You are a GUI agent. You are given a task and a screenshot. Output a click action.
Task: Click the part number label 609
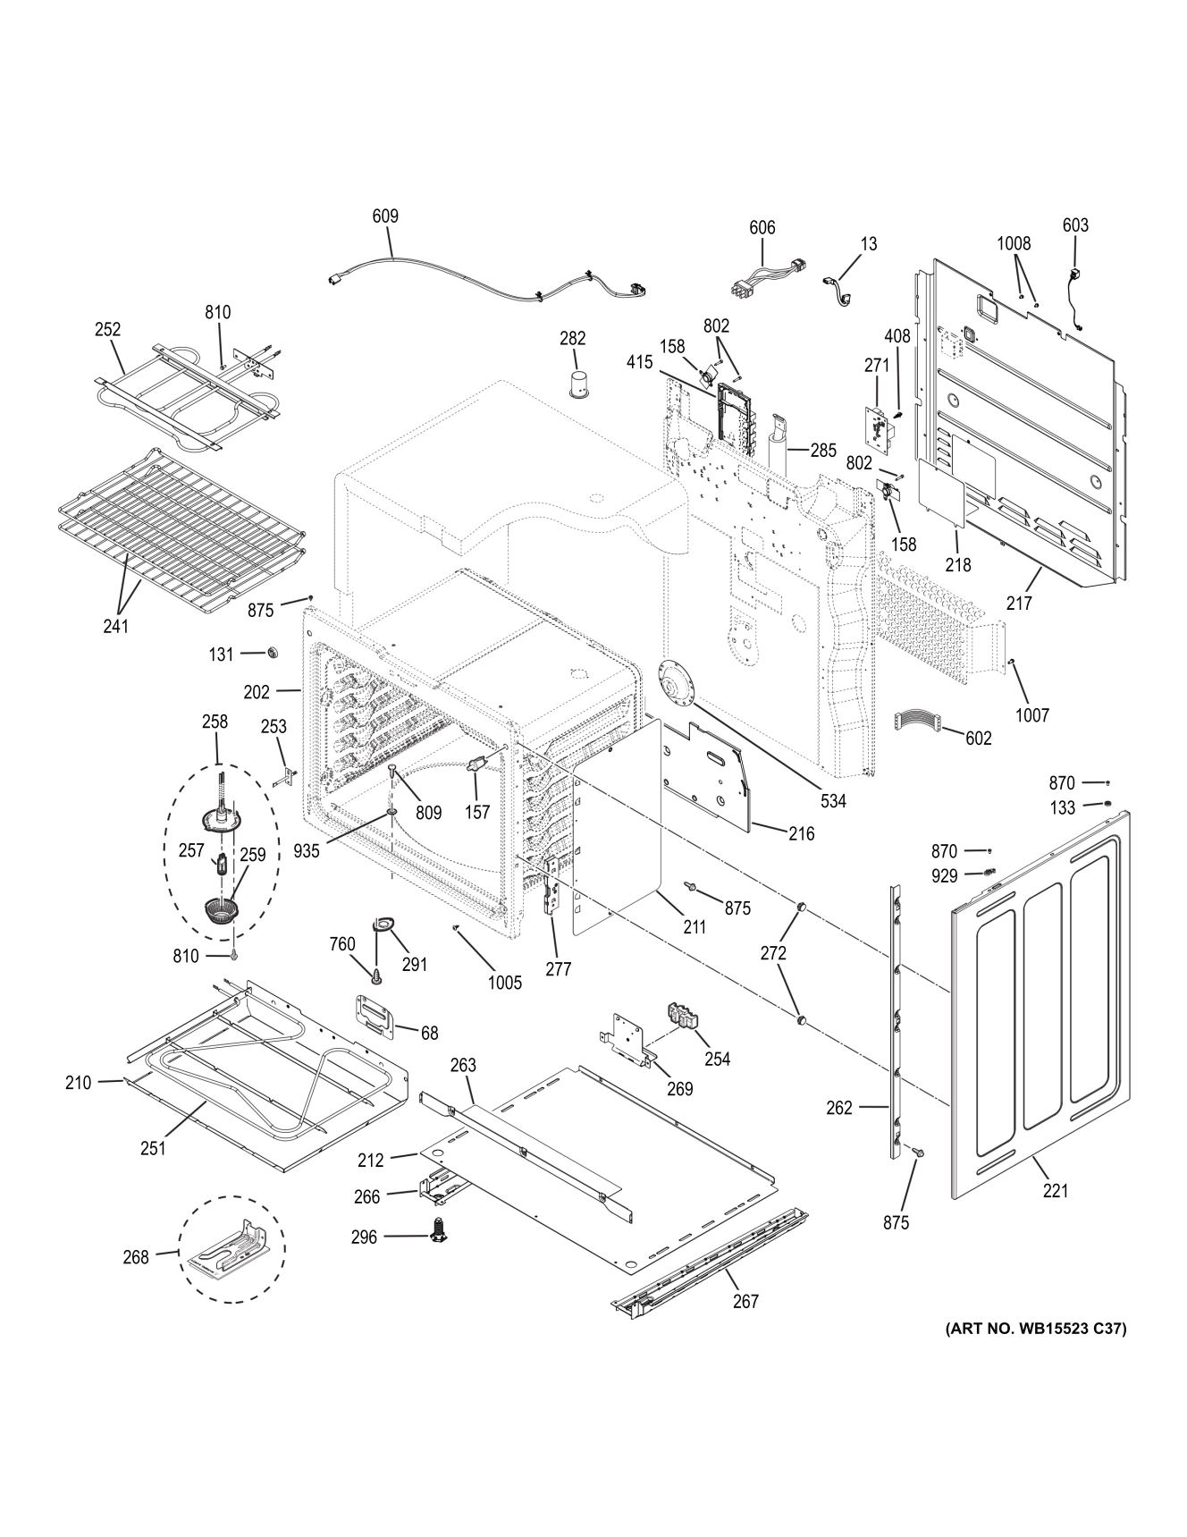[x=385, y=215]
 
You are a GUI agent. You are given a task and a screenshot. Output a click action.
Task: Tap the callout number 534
[x=833, y=801]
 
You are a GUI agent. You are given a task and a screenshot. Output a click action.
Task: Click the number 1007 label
[x=1031, y=714]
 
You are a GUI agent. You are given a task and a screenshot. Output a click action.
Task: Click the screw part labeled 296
[x=439, y=1229]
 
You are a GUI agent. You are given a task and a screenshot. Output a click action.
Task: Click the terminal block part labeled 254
[x=685, y=1018]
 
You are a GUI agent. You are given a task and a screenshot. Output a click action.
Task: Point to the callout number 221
[x=1055, y=1191]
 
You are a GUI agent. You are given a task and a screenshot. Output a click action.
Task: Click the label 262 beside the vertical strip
[x=839, y=1107]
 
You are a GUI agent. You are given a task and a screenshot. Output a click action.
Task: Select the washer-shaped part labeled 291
[x=383, y=923]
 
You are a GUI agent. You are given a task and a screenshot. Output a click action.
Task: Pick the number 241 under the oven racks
[x=115, y=626]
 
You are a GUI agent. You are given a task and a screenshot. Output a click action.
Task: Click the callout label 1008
[x=1014, y=243]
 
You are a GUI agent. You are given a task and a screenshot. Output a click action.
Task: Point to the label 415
[x=639, y=363]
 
